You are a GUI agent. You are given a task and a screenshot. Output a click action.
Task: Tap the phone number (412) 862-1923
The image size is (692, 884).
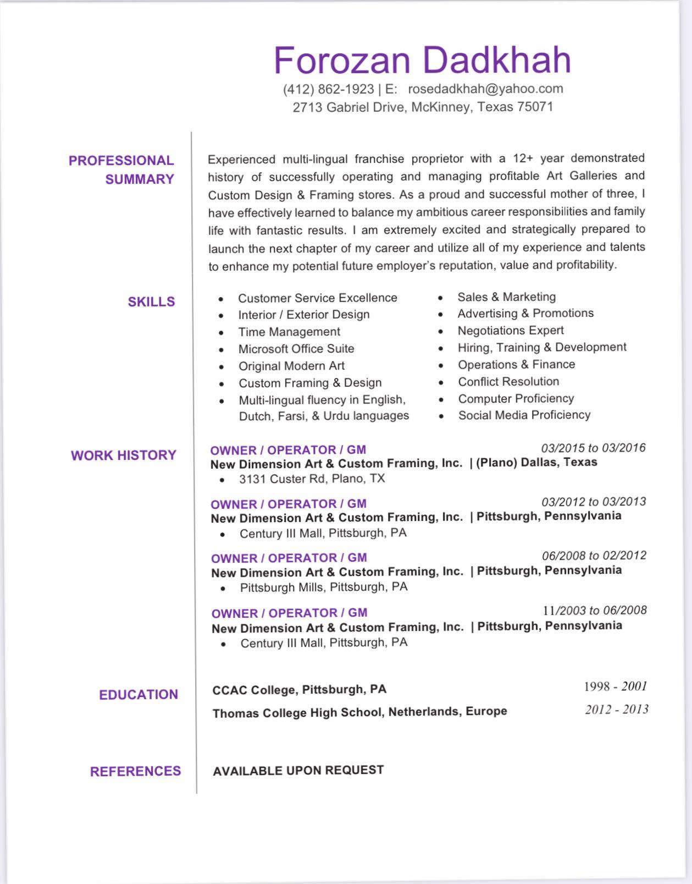pyautogui.click(x=328, y=89)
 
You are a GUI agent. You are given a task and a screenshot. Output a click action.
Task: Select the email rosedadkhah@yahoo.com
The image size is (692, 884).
pyautogui.click(x=485, y=89)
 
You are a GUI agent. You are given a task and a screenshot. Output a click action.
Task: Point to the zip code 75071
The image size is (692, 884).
pyautogui.click(x=535, y=107)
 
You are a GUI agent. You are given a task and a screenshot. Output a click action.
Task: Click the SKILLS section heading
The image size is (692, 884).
pyautogui.click(x=151, y=301)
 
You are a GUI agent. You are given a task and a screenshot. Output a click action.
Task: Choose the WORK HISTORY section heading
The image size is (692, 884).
pyautogui.click(x=124, y=455)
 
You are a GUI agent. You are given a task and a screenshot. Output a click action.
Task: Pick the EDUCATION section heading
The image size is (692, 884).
pyautogui.click(x=139, y=694)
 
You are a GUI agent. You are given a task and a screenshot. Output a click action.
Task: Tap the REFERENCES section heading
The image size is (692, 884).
pyautogui.click(x=135, y=771)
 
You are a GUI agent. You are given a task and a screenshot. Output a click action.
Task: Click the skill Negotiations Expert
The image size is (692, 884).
pyautogui.click(x=511, y=330)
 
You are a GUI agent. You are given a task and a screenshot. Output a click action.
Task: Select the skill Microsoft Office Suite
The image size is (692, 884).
pyautogui.click(x=296, y=349)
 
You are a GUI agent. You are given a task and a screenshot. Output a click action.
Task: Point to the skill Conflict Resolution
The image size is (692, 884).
pyautogui.click(x=508, y=381)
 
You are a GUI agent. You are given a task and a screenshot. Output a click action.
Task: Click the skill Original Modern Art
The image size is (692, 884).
pyautogui.click(x=291, y=366)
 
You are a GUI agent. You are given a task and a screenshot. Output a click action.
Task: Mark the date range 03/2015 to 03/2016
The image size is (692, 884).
pyautogui.click(x=593, y=448)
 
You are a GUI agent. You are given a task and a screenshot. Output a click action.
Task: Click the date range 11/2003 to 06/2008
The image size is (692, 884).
pyautogui.click(x=595, y=610)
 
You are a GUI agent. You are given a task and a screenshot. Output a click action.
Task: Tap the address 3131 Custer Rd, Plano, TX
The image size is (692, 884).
pyautogui.click(x=312, y=479)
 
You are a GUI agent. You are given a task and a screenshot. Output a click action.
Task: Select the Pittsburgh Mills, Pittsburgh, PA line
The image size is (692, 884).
pyautogui.click(x=324, y=587)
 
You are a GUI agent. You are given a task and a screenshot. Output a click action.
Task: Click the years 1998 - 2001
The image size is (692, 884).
pyautogui.click(x=615, y=686)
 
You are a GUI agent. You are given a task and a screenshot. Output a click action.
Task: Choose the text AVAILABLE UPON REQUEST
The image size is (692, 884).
pyautogui.click(x=298, y=770)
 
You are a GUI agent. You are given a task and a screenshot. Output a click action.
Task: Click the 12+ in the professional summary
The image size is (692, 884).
pyautogui.click(x=523, y=158)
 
